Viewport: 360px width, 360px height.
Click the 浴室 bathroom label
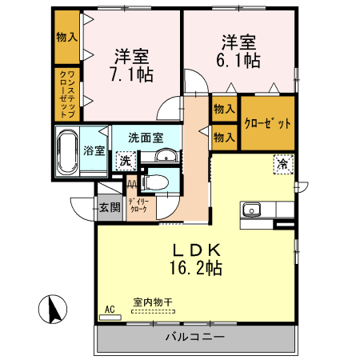[94, 150]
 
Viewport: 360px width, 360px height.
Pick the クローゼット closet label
[267, 123]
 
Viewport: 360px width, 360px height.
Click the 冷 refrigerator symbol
[282, 163]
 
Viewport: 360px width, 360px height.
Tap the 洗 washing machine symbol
[125, 161]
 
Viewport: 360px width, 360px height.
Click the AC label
[110, 308]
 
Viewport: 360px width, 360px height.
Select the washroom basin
[166, 156]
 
